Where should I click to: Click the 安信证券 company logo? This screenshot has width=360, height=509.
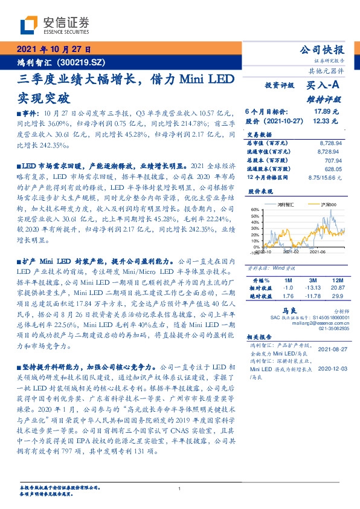click(55, 24)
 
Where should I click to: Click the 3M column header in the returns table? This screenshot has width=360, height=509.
click(313, 281)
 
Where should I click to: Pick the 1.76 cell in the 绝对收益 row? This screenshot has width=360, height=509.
click(288, 296)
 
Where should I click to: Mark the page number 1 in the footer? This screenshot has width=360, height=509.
click(179, 488)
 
